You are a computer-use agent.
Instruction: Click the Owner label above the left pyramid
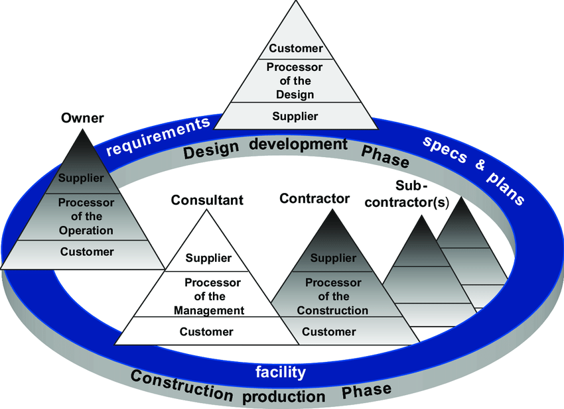point(82,118)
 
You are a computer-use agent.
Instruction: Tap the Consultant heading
point(207,200)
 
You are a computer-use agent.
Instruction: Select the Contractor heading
point(315,198)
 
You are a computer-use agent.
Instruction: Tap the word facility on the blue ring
point(281,372)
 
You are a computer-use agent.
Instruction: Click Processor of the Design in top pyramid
point(295,80)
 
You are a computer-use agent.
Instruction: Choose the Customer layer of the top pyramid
point(295,48)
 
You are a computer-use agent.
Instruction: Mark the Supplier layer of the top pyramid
point(295,116)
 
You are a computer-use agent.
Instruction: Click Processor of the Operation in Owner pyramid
point(86,216)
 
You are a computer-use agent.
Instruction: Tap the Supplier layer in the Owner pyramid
point(80,178)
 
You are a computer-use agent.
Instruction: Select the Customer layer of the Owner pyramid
point(86,251)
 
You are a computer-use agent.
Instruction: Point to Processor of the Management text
point(209,296)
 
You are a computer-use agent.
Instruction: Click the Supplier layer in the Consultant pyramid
point(208,258)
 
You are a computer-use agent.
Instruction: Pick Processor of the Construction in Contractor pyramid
point(332,296)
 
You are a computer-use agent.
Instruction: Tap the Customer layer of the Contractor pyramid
point(329,331)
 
